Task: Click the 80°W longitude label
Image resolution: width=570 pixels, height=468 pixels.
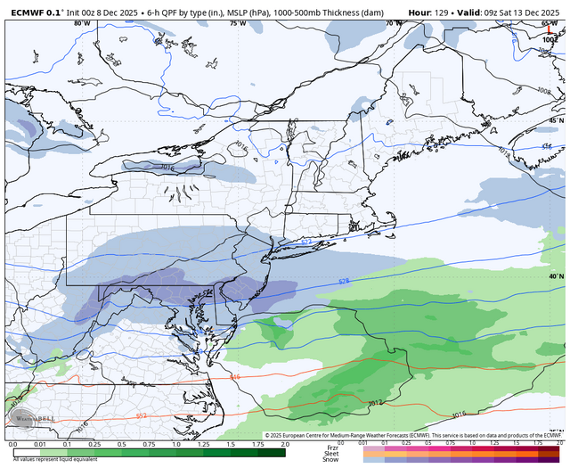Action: [x=83, y=23]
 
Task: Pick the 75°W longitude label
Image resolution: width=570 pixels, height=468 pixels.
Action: [x=236, y=23]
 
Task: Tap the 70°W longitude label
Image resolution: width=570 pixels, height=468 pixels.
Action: [x=392, y=23]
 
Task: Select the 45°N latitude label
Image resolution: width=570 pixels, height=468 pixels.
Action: [x=555, y=119]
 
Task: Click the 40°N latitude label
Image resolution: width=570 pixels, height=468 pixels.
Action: [x=555, y=276]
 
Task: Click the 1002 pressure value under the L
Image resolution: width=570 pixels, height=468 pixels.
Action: [x=548, y=40]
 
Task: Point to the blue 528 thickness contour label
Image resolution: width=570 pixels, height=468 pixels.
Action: [x=344, y=282]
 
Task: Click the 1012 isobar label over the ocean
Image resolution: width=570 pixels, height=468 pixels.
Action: [x=376, y=403]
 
